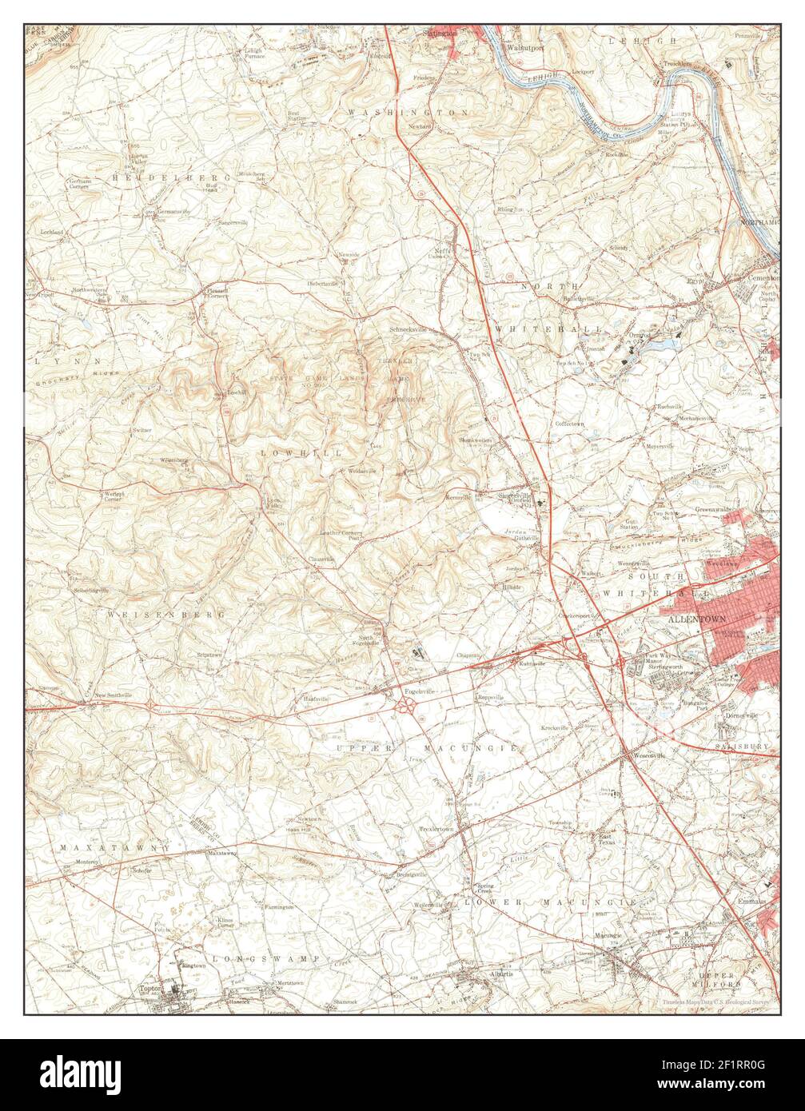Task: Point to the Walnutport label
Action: (524, 47)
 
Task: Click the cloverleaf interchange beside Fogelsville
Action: (407, 704)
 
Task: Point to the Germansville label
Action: (175, 211)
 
